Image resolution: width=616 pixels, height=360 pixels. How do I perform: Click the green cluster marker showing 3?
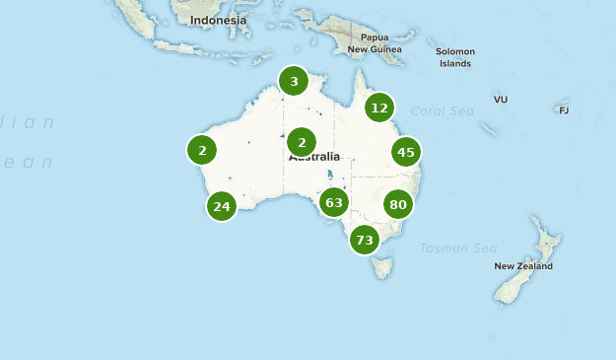point(294,81)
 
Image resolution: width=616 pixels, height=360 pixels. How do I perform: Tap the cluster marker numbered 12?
point(379,108)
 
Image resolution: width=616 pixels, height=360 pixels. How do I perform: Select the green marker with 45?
point(405,152)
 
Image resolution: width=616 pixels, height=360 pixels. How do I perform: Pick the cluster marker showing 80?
point(398,205)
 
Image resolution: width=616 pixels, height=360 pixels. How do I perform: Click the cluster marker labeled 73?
point(365,240)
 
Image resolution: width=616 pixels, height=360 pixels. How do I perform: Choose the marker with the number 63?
point(334,203)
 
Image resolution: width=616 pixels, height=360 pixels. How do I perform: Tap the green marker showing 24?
point(221,206)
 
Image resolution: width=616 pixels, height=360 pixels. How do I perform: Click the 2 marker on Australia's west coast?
point(202,150)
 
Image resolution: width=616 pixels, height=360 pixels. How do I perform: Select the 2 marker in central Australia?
point(302,142)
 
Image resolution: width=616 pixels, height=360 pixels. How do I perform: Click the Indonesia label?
point(219,20)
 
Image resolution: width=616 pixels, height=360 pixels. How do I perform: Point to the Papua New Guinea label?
point(375,42)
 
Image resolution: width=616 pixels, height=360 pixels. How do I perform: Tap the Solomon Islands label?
point(455,57)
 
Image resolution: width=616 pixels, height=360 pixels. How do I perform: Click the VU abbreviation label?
point(501,100)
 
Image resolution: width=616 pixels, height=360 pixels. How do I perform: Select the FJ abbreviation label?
point(564,109)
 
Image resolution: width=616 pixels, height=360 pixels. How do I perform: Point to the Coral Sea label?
point(444,110)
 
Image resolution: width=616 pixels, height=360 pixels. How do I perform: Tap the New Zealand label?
point(523,266)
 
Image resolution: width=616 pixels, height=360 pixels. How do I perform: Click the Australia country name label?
point(314,157)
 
